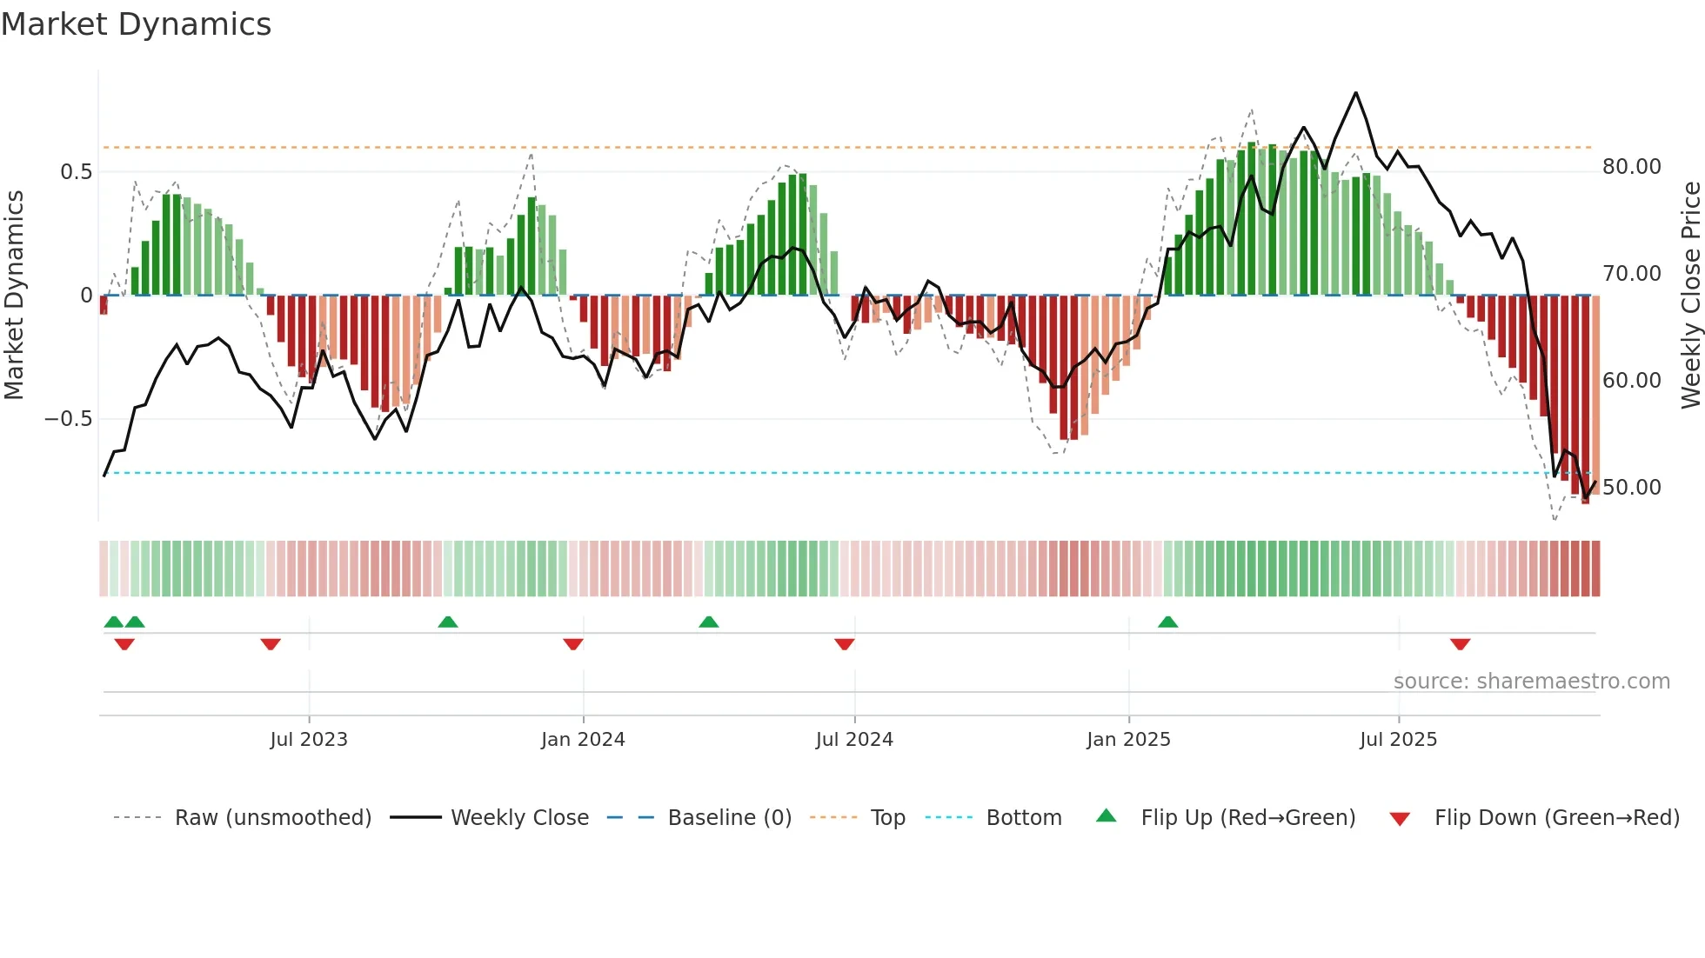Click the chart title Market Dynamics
pyautogui.click(x=136, y=24)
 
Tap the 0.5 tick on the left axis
pyautogui.click(x=76, y=172)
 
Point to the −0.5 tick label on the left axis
pyautogui.click(x=68, y=419)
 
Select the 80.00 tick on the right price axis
pyautogui.click(x=1631, y=167)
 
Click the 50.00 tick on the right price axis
pyautogui.click(x=1631, y=488)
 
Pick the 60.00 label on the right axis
pyautogui.click(x=1631, y=381)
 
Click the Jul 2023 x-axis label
pyautogui.click(x=308, y=740)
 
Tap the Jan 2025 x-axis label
pyautogui.click(x=1128, y=740)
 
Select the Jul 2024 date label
pyautogui.click(x=854, y=740)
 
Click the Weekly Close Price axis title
pyautogui.click(x=1690, y=296)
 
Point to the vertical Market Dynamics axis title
pyautogui.click(x=14, y=296)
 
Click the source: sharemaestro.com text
pyautogui.click(x=1531, y=682)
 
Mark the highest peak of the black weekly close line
pyautogui.click(x=1355, y=93)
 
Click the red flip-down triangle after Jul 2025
pyautogui.click(x=1460, y=644)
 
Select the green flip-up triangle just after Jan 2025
pyautogui.click(x=1167, y=622)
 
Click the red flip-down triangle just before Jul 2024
pyautogui.click(x=844, y=644)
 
